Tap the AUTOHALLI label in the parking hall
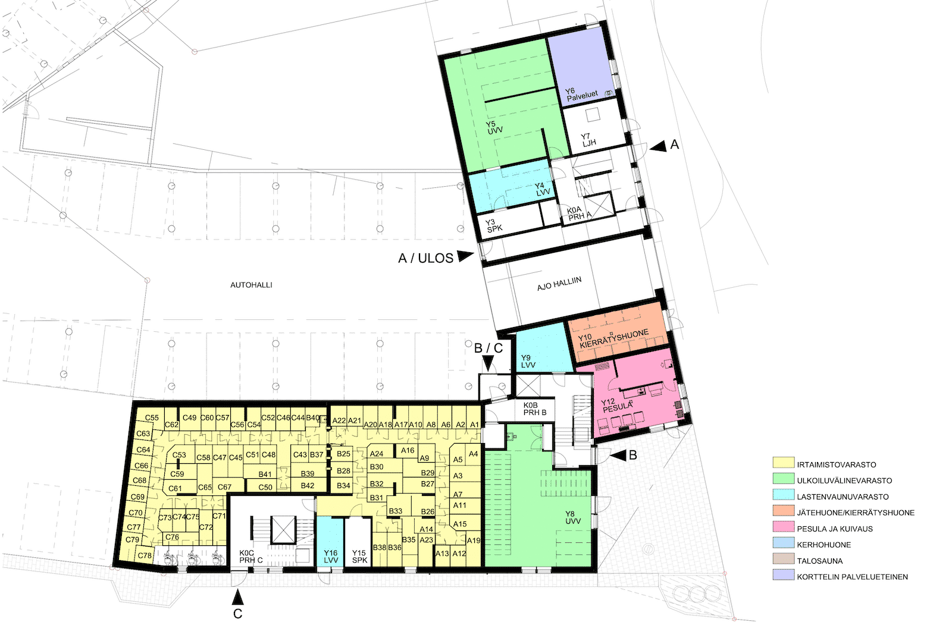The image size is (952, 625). click(251, 285)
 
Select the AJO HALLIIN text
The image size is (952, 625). click(559, 284)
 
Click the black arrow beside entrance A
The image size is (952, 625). click(658, 146)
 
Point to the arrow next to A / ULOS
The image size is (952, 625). click(465, 256)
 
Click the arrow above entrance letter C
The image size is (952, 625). click(237, 597)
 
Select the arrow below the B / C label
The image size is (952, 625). click(488, 363)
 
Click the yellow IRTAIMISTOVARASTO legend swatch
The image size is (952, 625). click(784, 463)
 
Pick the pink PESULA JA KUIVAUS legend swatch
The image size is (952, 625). click(784, 527)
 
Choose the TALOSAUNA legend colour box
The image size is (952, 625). click(784, 559)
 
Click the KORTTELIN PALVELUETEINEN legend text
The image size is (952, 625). click(853, 577)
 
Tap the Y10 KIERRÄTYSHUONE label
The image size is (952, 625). click(613, 338)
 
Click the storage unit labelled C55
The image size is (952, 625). click(152, 417)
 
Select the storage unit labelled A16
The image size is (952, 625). click(408, 450)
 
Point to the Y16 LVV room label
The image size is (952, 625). click(331, 557)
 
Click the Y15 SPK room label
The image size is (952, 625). click(359, 557)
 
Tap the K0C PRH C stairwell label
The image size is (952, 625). click(250, 557)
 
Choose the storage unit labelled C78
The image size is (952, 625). click(145, 555)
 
